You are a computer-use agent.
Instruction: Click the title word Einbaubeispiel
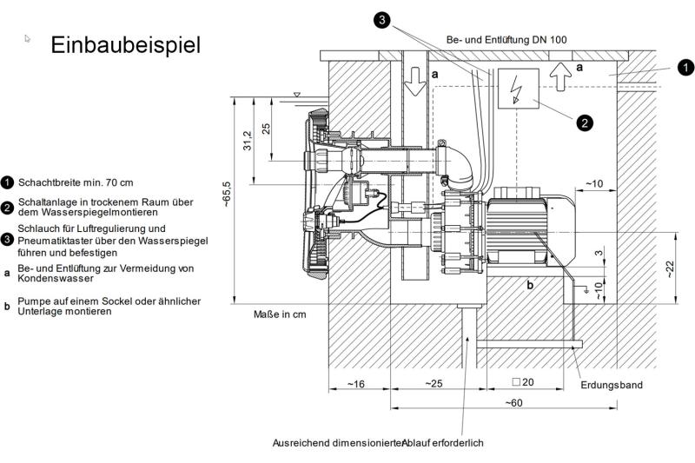125,45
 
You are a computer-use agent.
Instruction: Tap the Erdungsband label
614,385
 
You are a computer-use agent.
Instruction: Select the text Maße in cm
280,314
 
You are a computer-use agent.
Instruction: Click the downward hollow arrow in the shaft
414,80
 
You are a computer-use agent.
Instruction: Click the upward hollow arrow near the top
561,78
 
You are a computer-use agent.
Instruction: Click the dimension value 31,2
247,140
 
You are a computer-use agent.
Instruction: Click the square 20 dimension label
523,382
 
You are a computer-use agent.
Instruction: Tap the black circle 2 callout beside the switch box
585,122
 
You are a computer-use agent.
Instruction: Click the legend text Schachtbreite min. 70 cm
76,182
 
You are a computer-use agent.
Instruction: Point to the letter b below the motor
528,283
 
